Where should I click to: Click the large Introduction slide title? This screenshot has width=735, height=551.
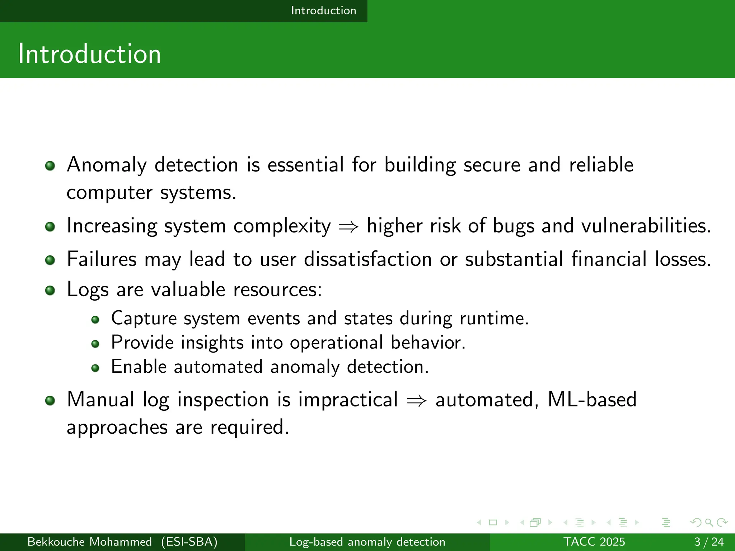coord(89,54)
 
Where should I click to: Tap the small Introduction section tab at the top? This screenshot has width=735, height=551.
coord(323,10)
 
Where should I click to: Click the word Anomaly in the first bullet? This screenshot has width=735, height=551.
coord(107,165)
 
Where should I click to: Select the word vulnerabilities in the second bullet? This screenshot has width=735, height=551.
coord(646,226)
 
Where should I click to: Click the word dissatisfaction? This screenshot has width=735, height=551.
coord(367,259)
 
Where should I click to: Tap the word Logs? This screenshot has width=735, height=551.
coord(87,289)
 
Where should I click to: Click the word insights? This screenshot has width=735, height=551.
coord(212,343)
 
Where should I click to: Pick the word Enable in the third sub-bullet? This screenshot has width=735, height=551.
coord(139,367)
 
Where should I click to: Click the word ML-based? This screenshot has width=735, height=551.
coord(592,399)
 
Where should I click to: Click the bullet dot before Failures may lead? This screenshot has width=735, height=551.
coord(50,260)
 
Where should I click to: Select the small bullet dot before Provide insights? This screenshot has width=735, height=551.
coord(95,344)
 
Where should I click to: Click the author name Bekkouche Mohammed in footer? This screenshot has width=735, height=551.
coord(89,542)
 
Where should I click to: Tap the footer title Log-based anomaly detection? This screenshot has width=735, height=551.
coord(367,542)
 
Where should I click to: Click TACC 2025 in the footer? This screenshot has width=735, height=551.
coord(594,542)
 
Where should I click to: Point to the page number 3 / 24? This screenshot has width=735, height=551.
coord(709,542)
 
